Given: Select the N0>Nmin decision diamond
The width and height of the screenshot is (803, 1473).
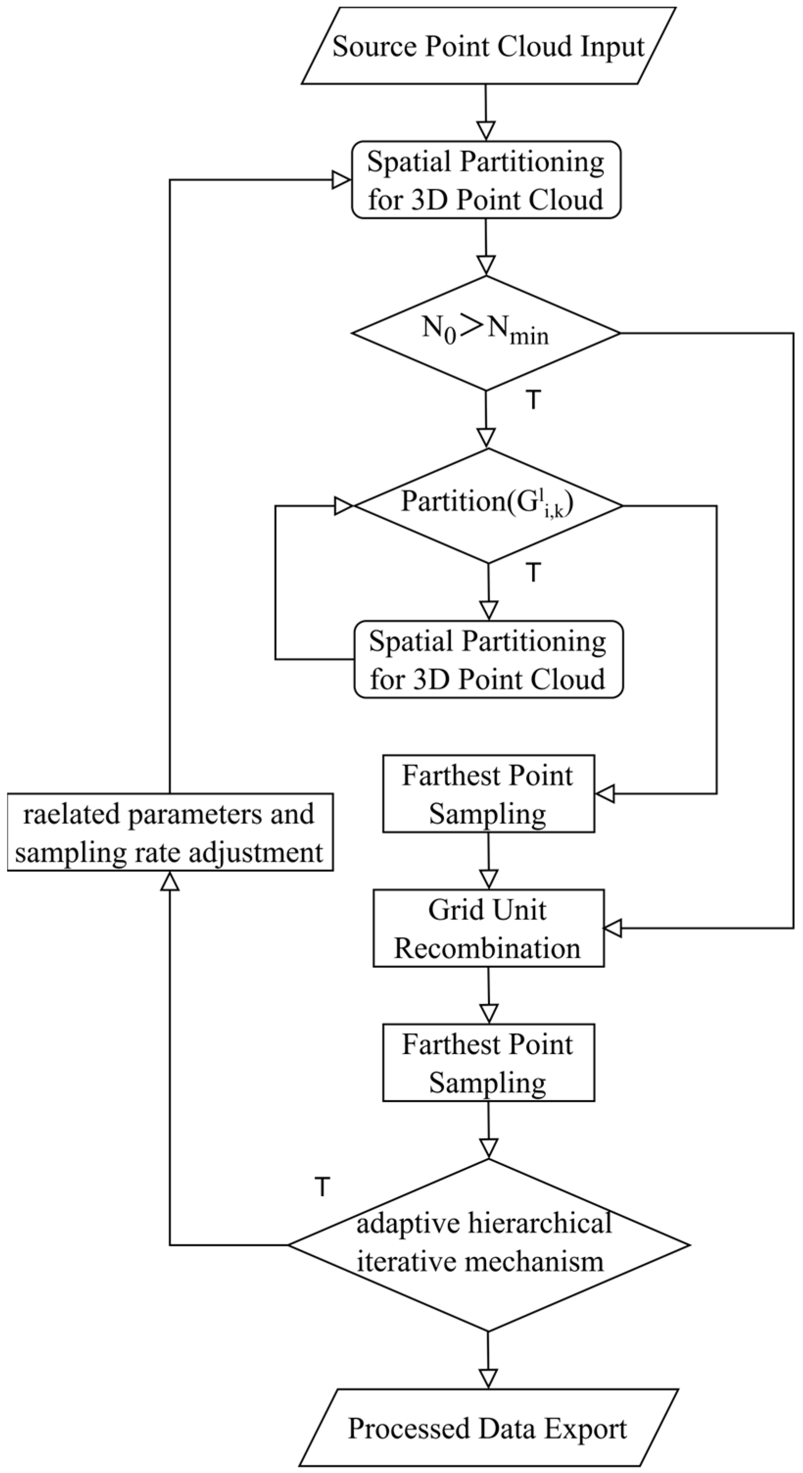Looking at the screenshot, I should point(486,333).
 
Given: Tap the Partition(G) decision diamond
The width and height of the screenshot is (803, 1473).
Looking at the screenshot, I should point(488,505).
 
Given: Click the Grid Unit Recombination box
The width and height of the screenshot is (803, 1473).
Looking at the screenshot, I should point(488,928).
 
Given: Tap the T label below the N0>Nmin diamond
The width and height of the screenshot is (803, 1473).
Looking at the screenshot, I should point(533,401).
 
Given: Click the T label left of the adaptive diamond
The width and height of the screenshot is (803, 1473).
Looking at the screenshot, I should point(322,1187).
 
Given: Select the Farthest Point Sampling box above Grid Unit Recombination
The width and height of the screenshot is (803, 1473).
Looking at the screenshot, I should point(488,794).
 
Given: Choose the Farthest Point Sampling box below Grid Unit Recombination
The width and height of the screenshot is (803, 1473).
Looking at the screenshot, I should point(488,1062).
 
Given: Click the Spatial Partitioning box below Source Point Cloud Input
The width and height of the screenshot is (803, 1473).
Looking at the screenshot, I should point(486,180).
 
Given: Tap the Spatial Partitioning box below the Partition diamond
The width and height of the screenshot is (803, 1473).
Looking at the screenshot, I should point(488,659).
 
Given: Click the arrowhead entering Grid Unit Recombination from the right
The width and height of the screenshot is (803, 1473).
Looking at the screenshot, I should point(613,928).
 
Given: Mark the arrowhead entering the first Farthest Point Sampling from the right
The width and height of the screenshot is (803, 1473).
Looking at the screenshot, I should point(605,794).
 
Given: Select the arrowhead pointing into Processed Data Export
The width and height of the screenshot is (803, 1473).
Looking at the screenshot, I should point(488,1378).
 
